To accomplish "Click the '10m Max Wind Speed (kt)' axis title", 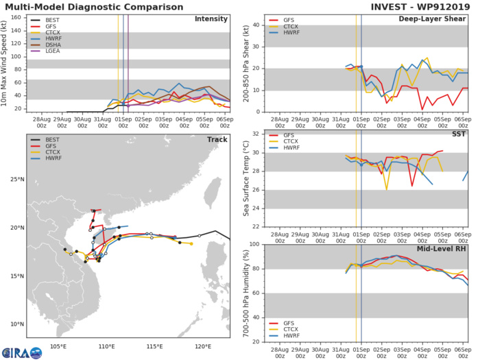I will (x=6, y=62).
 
